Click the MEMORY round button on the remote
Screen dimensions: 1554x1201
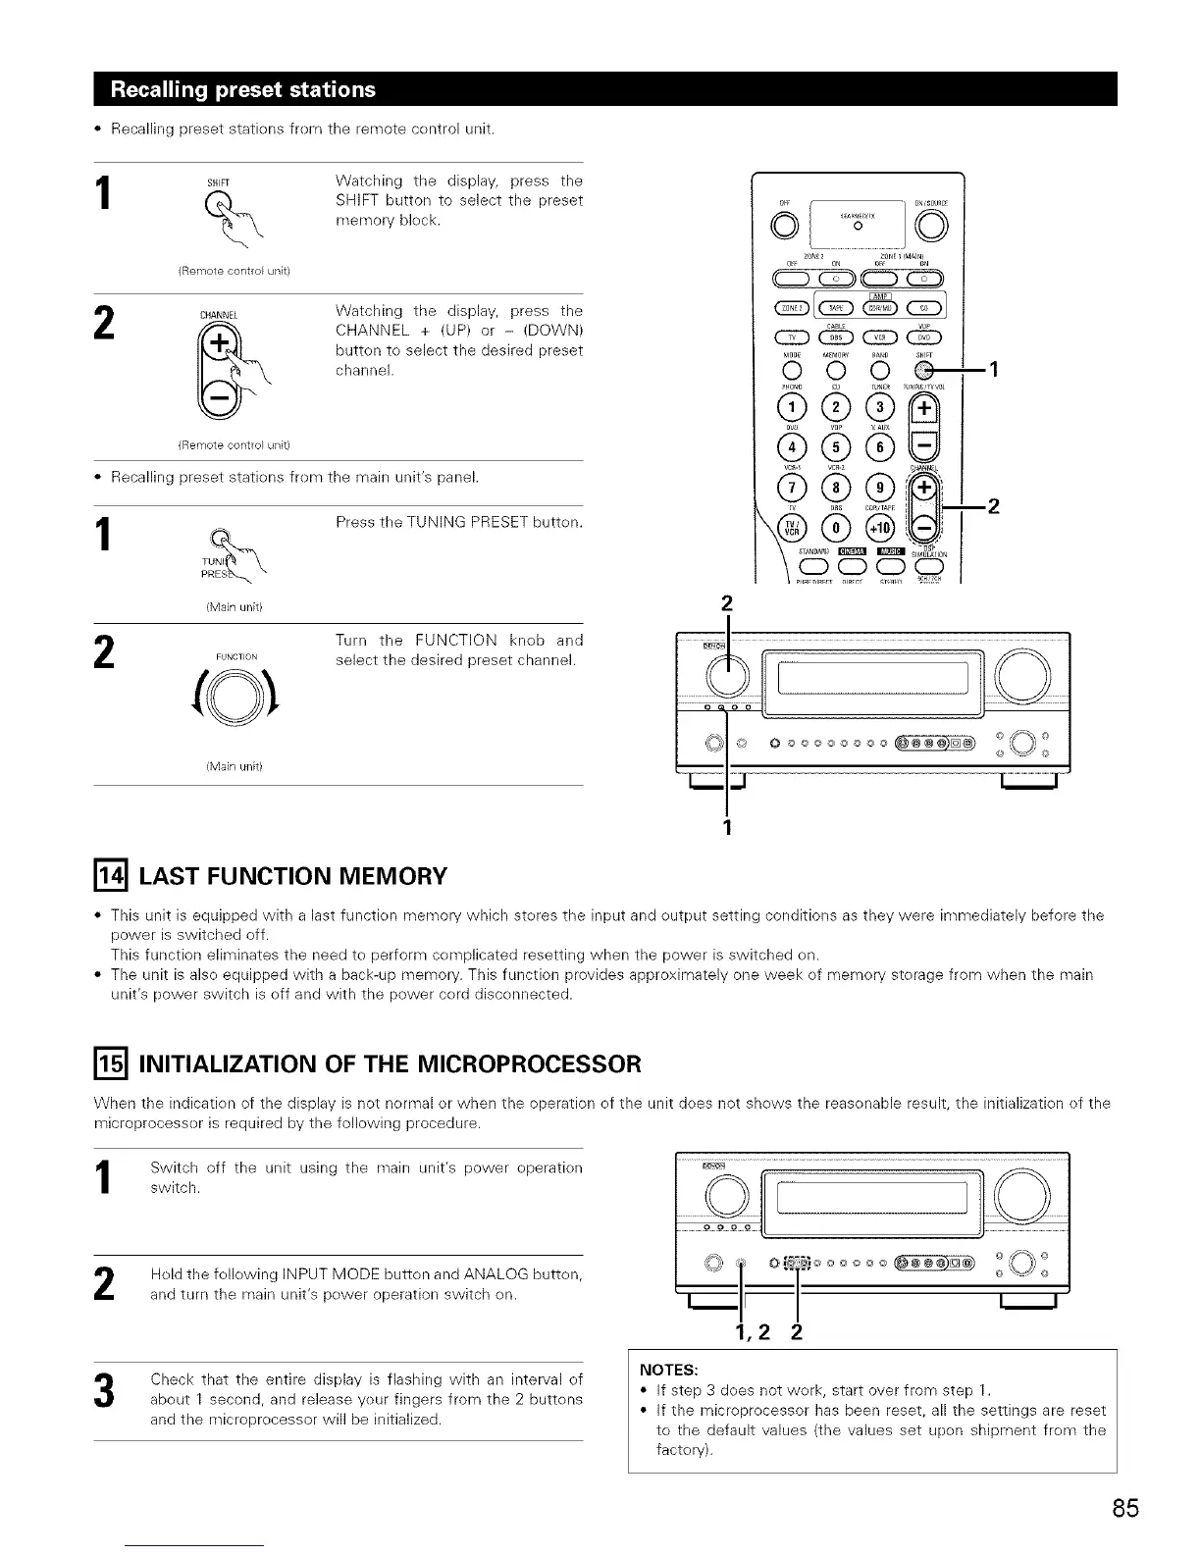point(835,371)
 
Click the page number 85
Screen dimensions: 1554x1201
point(1125,1507)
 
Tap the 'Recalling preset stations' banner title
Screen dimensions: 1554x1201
point(244,89)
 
